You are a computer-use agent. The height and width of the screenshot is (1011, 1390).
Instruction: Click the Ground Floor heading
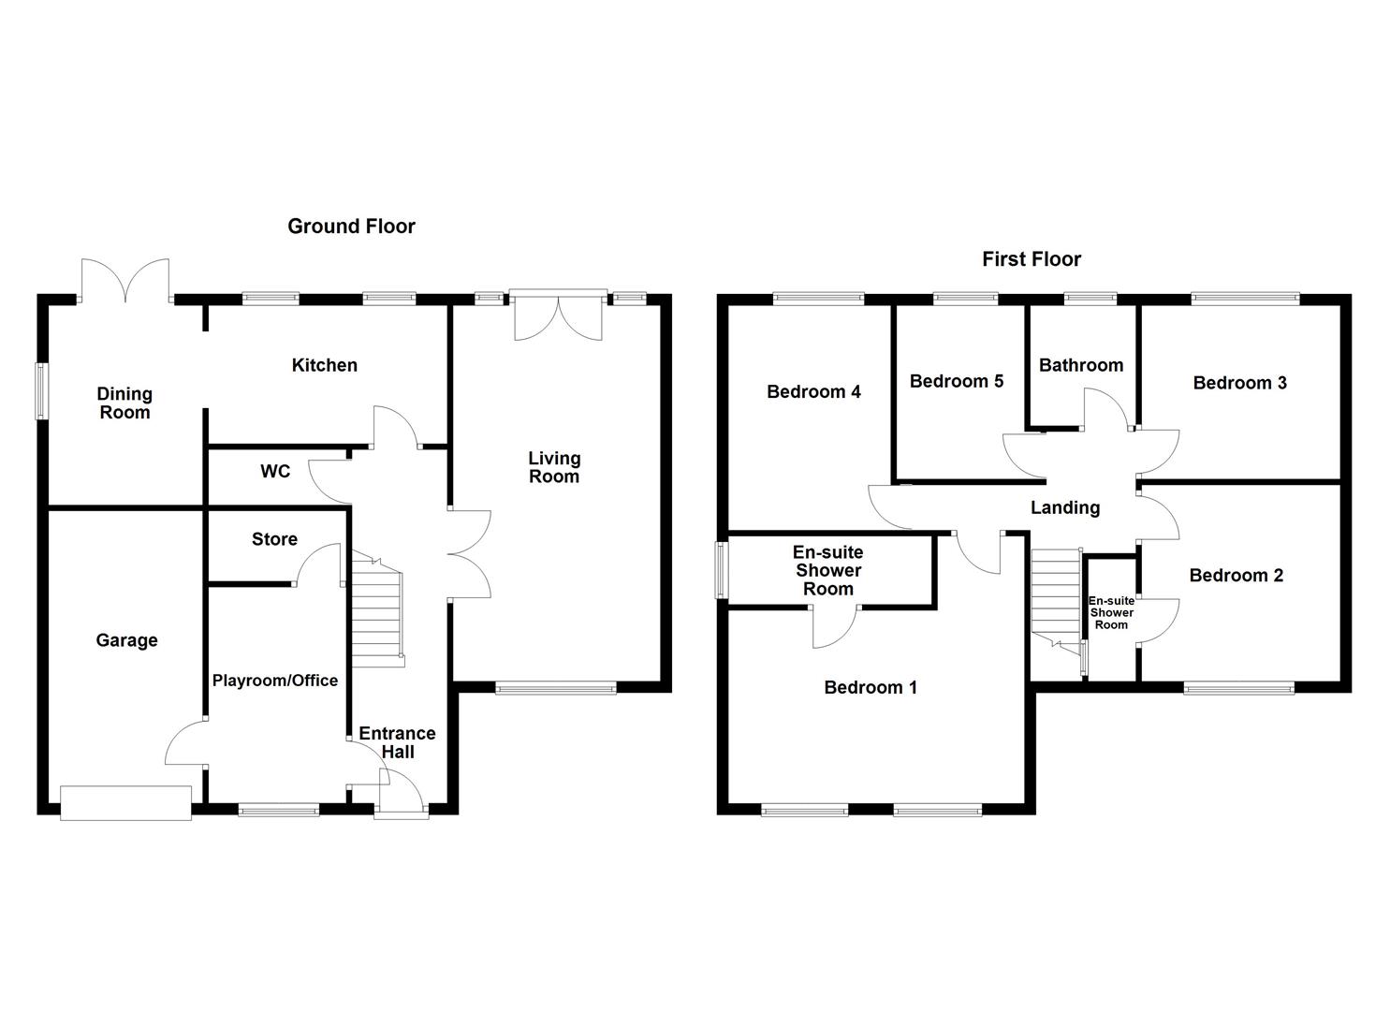point(351,226)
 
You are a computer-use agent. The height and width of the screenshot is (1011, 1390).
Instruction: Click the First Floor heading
point(1032,259)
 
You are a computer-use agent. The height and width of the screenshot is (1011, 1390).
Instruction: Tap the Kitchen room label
point(324,365)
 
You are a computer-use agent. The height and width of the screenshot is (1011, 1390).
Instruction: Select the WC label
point(275,472)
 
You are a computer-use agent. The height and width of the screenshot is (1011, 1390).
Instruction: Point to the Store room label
point(274,539)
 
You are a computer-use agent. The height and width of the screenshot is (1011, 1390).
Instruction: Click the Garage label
point(126,640)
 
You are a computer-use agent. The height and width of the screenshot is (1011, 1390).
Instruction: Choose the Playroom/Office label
point(274,681)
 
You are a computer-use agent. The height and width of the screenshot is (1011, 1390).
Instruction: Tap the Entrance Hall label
point(398,742)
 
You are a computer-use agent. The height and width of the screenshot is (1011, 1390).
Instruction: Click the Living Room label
point(554,467)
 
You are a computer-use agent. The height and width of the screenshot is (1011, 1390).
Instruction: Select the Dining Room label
point(124,403)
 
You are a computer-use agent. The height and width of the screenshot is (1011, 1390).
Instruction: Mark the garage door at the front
point(125,803)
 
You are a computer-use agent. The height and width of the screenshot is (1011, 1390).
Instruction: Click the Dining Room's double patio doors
point(125,281)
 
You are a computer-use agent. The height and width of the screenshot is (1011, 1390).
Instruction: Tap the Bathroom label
point(1081,365)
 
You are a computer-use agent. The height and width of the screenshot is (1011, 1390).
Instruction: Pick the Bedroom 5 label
point(957,381)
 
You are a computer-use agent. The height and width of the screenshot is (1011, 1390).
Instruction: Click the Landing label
point(1065,507)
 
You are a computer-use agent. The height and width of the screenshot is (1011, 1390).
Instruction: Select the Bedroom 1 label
point(871,687)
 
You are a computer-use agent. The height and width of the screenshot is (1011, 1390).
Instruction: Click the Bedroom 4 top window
point(819,300)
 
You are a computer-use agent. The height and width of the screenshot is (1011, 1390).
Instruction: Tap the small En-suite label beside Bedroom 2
point(1111,613)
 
